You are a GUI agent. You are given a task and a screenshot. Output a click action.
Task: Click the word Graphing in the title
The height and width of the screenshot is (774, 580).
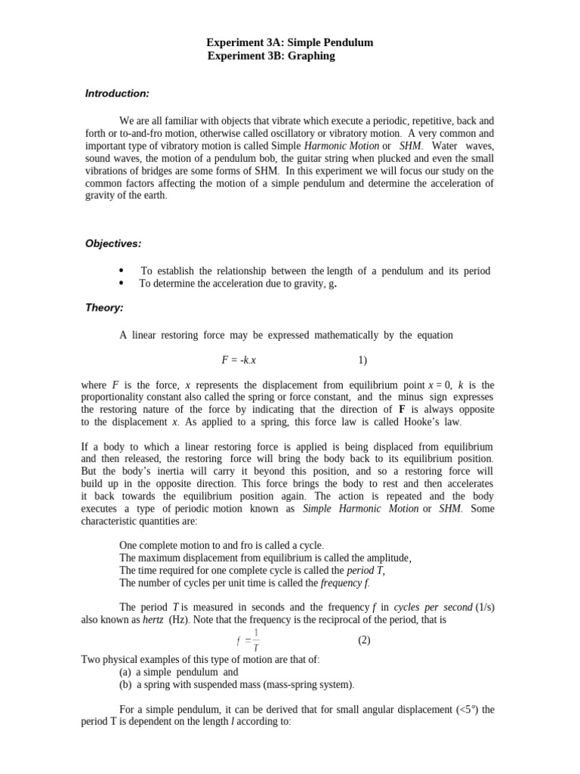308,56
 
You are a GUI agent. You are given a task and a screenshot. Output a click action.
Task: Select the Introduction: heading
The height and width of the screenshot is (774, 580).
117,93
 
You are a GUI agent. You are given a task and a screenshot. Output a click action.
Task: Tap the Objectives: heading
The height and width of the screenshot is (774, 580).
113,243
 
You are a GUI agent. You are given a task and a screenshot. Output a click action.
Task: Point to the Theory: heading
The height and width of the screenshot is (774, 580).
104,308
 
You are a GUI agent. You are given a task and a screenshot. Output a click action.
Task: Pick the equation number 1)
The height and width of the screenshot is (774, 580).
362,360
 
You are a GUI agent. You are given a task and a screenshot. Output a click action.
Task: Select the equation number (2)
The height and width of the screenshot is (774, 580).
364,639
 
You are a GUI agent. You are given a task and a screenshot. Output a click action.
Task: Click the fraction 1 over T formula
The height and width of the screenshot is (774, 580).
249,640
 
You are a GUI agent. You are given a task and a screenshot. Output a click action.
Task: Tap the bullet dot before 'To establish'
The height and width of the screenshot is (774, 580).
121,271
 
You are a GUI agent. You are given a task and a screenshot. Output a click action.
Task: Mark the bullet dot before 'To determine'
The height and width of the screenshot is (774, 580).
121,283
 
